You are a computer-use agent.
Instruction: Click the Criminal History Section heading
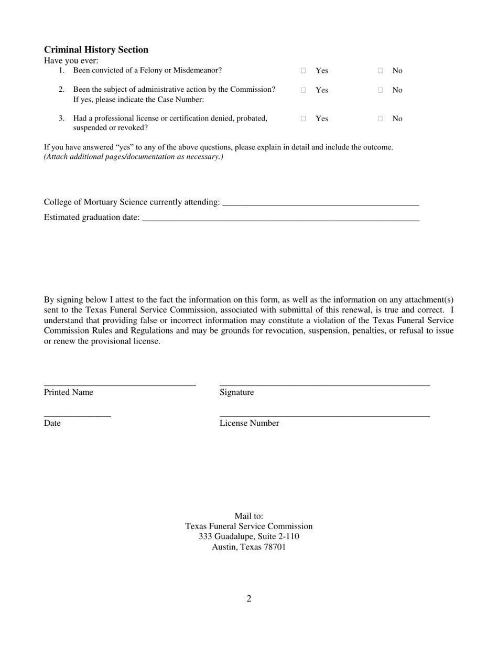(96, 50)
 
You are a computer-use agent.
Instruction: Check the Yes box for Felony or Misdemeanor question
(304, 70)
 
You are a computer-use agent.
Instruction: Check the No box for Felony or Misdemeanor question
(380, 70)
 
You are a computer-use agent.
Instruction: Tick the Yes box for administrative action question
(304, 90)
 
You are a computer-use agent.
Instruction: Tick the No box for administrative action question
(380, 90)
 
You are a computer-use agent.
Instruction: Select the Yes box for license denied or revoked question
(304, 119)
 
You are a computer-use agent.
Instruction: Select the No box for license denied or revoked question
(380, 119)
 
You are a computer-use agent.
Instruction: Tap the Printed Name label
(69, 392)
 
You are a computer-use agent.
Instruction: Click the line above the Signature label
(324, 384)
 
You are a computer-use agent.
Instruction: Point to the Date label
(52, 423)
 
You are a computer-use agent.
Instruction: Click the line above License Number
(324, 415)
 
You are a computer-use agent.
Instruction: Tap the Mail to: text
(249, 517)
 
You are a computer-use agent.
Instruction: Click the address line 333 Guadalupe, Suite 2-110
(249, 537)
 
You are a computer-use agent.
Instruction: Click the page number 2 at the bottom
(249, 599)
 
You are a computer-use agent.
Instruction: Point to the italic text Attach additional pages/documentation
(134, 157)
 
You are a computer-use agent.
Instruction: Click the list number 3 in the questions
(61, 119)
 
